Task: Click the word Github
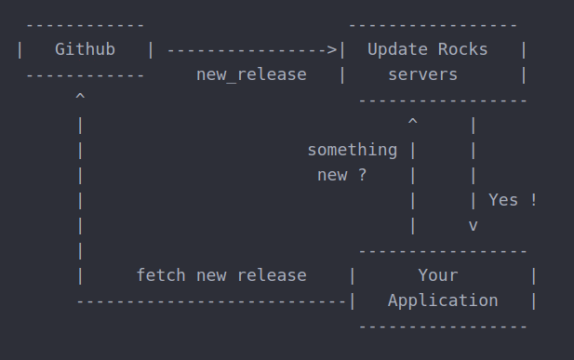click(x=86, y=49)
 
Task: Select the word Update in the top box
click(x=397, y=49)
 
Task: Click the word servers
click(x=422, y=74)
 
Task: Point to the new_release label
click(x=251, y=74)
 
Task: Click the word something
click(x=352, y=150)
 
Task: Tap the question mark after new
click(x=362, y=175)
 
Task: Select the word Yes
click(x=503, y=200)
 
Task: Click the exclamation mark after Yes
click(x=533, y=200)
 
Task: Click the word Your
click(x=437, y=275)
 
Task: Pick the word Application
click(x=443, y=300)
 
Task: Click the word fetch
click(x=161, y=275)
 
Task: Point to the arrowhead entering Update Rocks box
click(x=332, y=49)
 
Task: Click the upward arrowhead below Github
click(x=81, y=97)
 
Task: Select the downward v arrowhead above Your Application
click(x=474, y=224)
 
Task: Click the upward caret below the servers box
click(x=412, y=122)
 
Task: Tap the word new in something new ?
click(x=332, y=175)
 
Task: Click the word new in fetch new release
click(x=211, y=275)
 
